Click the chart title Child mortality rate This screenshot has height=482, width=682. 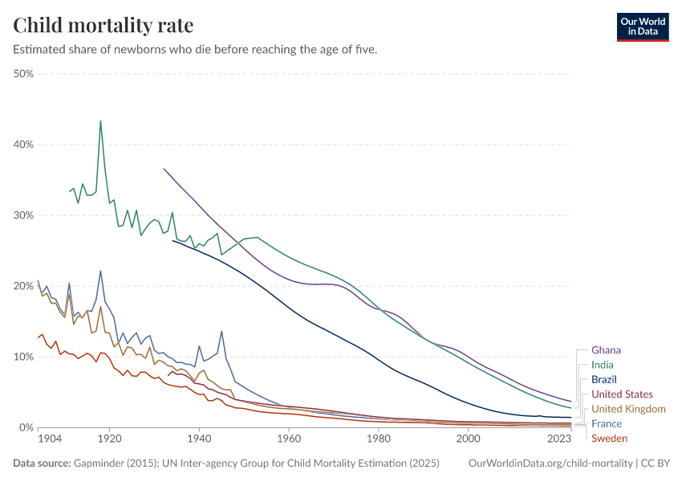coord(104,25)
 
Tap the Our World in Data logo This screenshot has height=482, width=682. coord(642,27)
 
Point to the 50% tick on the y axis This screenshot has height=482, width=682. coord(22,74)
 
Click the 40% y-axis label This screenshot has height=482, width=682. coord(22,145)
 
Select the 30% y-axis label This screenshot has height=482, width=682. coord(22,215)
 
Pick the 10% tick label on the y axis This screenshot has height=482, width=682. coord(22,357)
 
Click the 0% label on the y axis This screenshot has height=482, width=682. coord(26,427)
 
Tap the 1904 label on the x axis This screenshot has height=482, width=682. coord(50,439)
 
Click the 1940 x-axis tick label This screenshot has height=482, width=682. coord(199,439)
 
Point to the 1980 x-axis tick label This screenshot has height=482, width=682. coord(378,439)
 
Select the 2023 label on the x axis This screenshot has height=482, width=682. coord(558,439)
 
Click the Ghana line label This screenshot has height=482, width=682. coord(606,350)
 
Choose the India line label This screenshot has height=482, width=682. coord(603,365)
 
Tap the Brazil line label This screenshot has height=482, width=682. coord(604,379)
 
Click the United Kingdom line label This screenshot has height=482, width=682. coord(628,409)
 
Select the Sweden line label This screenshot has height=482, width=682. coord(609,438)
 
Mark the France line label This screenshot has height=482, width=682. coord(607,423)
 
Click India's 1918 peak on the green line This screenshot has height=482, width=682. coord(100,121)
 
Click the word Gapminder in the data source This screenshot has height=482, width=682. coord(97,464)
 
